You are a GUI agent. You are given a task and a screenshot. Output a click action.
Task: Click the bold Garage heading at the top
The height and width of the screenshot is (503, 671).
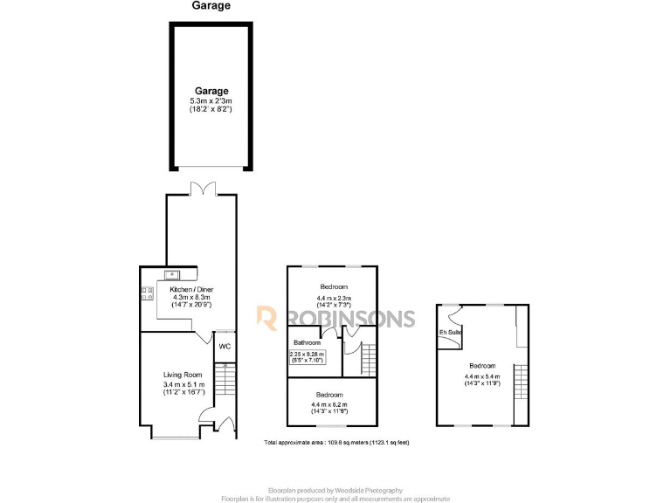[x=211, y=6]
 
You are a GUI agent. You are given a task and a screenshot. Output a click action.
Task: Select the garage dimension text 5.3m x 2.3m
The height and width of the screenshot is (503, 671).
[x=211, y=101]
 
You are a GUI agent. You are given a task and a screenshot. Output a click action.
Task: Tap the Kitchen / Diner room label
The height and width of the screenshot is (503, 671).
[x=191, y=289]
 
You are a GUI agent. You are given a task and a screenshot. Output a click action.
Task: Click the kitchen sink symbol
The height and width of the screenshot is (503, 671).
[x=173, y=272]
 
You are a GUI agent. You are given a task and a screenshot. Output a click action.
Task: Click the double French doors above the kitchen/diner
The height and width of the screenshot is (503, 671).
[x=202, y=189]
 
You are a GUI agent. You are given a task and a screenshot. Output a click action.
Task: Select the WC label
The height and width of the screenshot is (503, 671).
[x=225, y=347]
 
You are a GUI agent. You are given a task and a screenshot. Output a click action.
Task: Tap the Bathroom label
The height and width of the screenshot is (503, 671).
[x=306, y=342]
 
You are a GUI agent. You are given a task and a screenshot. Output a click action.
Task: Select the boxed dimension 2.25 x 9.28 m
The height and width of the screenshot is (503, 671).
[x=307, y=354]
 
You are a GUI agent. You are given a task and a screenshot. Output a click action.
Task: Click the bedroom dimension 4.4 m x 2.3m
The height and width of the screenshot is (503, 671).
[x=333, y=297]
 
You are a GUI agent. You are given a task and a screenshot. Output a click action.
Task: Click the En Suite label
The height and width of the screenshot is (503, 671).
[x=451, y=333]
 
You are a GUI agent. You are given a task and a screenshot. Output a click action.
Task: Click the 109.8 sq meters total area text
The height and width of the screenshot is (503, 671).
[x=336, y=443]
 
